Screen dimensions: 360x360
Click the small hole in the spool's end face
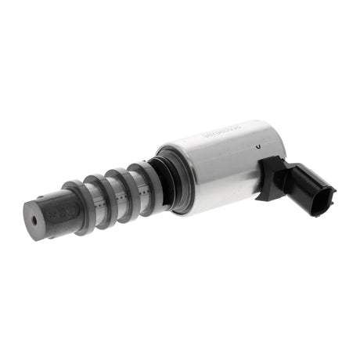pyautogui.click(x=34, y=219)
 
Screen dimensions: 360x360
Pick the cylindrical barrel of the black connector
pyautogui.click(x=301, y=184)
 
